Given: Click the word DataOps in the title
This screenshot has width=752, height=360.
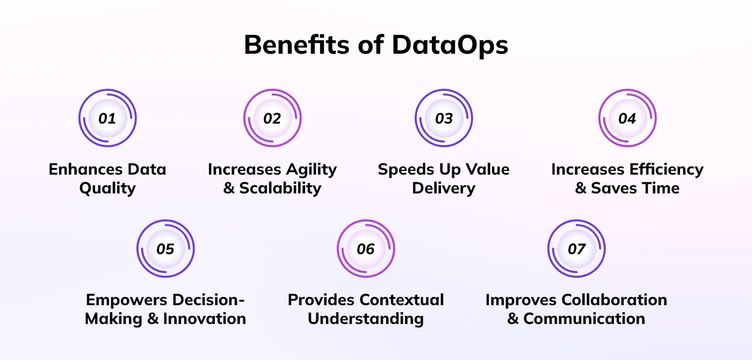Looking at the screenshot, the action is click(x=450, y=45).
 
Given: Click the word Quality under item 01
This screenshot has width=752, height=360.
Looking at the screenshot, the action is click(x=107, y=189).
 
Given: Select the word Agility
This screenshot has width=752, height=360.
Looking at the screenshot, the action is click(x=312, y=170).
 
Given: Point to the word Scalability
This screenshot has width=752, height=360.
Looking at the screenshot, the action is click(x=280, y=189).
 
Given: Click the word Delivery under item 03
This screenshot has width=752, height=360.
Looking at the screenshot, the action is click(x=444, y=189).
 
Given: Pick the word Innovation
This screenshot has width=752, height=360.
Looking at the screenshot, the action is click(x=205, y=319).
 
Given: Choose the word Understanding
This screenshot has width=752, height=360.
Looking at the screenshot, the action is click(x=366, y=319).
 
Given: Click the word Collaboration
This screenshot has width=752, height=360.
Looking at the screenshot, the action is click(x=614, y=300).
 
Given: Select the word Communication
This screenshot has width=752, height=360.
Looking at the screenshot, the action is click(x=584, y=319).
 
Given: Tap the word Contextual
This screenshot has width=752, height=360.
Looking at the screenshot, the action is click(x=402, y=300).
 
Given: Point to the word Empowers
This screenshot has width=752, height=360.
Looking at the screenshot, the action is click(x=127, y=300).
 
